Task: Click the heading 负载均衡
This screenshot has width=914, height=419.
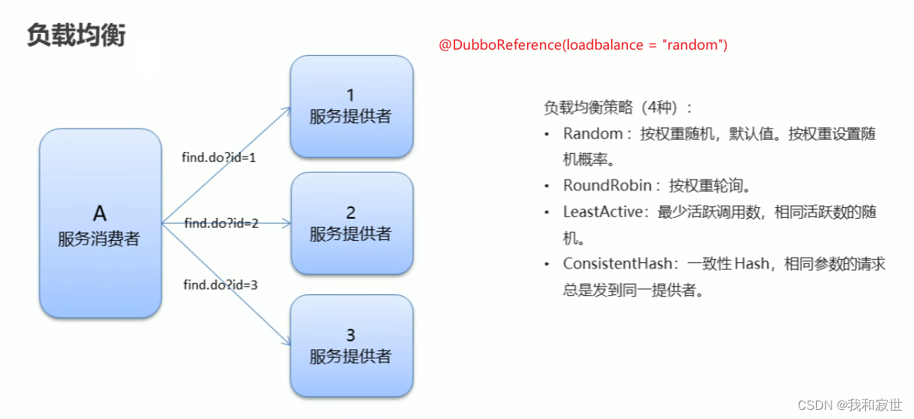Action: (x=76, y=35)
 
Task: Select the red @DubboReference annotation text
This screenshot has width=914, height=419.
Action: (x=583, y=45)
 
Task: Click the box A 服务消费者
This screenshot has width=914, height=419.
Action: (x=100, y=222)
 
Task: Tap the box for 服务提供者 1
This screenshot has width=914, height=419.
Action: (x=351, y=106)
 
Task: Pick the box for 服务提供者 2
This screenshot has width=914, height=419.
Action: (x=351, y=223)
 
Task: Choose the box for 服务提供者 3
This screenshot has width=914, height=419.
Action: (x=351, y=346)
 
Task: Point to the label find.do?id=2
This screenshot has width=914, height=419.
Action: (x=221, y=223)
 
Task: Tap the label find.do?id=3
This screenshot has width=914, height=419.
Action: (x=220, y=284)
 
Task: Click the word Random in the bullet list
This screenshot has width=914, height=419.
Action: (x=593, y=134)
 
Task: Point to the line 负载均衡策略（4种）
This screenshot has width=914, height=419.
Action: (x=618, y=108)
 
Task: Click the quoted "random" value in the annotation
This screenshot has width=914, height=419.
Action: (x=694, y=45)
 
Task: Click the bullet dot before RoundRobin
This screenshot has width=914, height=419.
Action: (x=547, y=187)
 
